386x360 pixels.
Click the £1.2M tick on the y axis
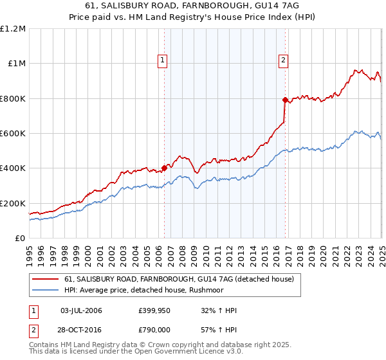(13, 29)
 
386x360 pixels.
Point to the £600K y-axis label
(13, 134)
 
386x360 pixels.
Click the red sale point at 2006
(164, 168)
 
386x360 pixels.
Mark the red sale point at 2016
(285, 100)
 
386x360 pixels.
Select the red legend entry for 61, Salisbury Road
(179, 279)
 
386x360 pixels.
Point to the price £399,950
(154, 310)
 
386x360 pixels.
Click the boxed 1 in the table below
(33, 310)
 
